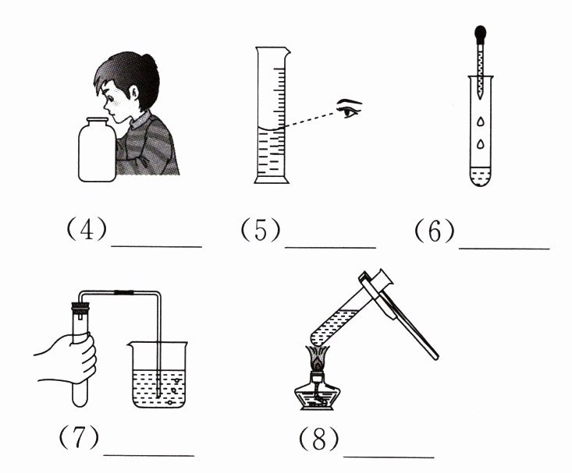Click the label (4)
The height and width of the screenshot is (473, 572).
87,229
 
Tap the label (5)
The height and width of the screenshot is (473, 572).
261,230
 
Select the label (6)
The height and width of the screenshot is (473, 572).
435,231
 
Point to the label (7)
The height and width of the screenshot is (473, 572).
79,437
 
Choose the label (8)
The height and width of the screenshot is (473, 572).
319,439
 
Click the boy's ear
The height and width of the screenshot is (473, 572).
134,96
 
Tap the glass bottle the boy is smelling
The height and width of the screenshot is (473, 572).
98,150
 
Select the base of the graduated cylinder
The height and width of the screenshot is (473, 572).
272,180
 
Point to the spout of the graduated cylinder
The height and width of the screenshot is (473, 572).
286,52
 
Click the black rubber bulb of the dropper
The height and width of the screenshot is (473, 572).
480,34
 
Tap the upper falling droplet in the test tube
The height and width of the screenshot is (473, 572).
481,122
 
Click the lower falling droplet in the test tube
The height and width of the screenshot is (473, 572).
481,144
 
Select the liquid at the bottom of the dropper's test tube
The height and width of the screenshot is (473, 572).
481,176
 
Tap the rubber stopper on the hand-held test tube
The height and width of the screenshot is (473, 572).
80,309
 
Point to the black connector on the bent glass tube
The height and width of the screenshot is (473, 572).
123,292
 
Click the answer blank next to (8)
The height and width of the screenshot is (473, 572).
389,457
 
